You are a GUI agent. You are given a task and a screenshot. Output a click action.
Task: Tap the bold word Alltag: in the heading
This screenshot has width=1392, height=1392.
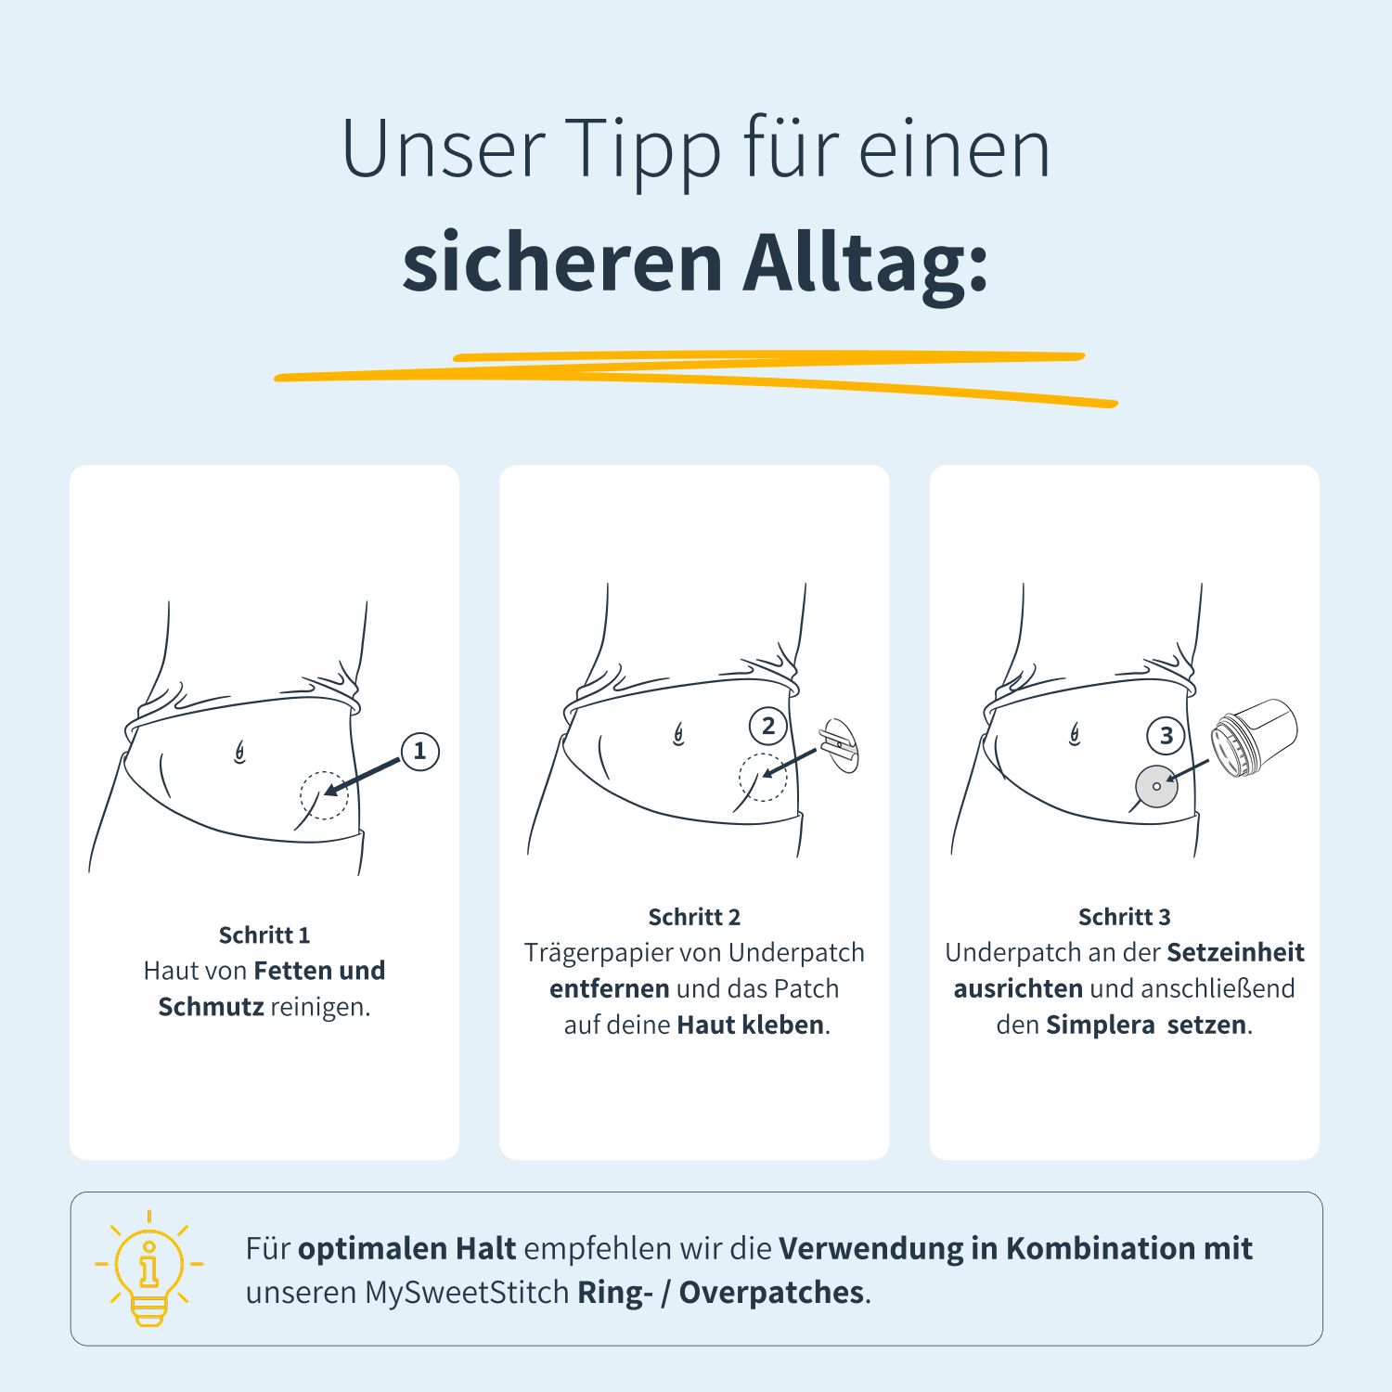pyautogui.click(x=865, y=263)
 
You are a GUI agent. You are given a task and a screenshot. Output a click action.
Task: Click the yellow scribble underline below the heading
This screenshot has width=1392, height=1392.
pyautogui.click(x=696, y=376)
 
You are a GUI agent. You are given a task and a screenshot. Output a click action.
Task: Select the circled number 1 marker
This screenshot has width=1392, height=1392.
pyautogui.click(x=419, y=751)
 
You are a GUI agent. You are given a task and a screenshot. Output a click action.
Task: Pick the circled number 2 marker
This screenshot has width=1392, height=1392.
pyautogui.click(x=767, y=726)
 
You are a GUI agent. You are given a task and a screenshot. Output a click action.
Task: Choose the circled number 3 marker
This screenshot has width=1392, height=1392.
pyautogui.click(x=1166, y=736)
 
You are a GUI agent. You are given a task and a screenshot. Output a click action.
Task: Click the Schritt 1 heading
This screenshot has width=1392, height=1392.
pyautogui.click(x=264, y=934)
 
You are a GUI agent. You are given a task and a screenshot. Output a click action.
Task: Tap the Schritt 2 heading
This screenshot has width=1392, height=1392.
pyautogui.click(x=694, y=917)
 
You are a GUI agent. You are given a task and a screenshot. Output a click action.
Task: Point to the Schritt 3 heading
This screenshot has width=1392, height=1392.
pyautogui.click(x=1124, y=917)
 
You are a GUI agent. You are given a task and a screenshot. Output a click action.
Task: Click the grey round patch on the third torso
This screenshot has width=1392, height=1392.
pyautogui.click(x=1156, y=786)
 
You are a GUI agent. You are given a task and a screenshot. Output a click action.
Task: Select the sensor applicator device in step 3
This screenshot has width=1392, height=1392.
pyautogui.click(x=1254, y=738)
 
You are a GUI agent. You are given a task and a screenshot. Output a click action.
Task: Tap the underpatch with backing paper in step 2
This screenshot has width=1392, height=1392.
pyautogui.click(x=840, y=745)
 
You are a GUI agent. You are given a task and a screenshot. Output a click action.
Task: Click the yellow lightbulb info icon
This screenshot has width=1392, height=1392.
pyautogui.click(x=148, y=1268)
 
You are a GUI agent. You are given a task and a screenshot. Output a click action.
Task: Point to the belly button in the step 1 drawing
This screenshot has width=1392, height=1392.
pyautogui.click(x=239, y=752)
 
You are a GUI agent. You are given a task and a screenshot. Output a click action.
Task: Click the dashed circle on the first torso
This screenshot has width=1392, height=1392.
pyautogui.click(x=324, y=795)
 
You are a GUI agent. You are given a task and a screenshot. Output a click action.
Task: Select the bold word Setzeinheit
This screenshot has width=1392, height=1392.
pyautogui.click(x=1235, y=952)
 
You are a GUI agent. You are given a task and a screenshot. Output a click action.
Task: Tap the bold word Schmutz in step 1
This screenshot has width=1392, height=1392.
pyautogui.click(x=211, y=1007)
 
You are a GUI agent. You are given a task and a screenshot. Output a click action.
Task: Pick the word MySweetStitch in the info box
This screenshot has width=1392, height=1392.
pyautogui.click(x=466, y=1292)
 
